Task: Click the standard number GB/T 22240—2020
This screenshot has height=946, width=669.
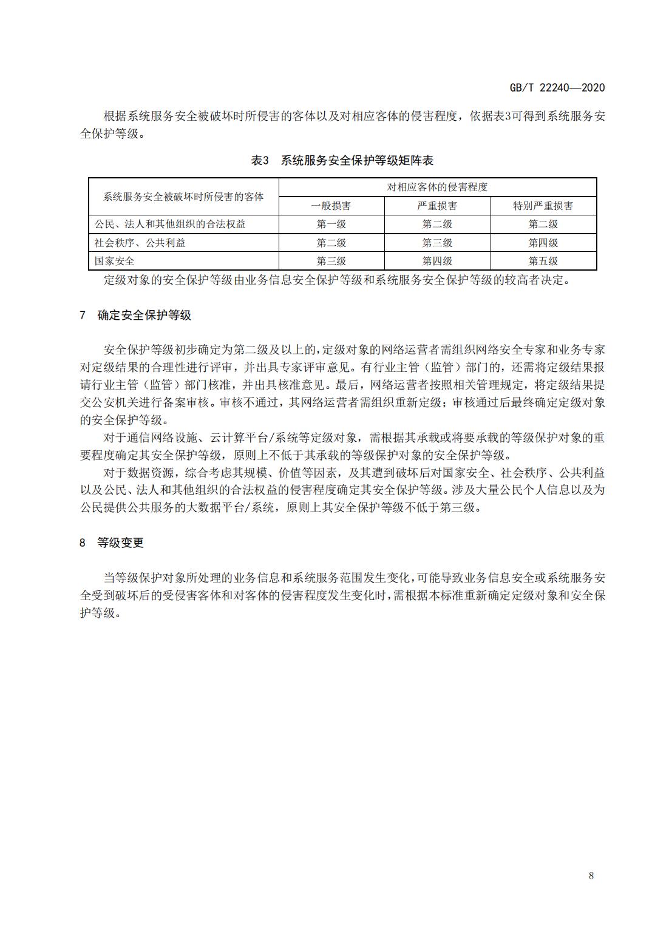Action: point(557,87)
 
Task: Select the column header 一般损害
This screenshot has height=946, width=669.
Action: point(331,206)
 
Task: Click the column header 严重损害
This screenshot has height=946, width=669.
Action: point(437,206)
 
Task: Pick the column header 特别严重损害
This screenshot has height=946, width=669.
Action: point(543,206)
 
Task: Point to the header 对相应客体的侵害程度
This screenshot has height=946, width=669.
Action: point(437,187)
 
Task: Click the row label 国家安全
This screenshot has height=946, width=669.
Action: point(114,261)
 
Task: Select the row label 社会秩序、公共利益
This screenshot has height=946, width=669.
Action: point(140,243)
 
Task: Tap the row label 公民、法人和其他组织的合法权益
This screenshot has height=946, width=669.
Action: point(170,224)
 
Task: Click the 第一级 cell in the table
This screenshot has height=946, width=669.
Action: point(331,224)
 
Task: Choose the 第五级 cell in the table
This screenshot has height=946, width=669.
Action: point(543,261)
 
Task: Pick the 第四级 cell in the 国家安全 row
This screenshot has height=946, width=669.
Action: point(437,261)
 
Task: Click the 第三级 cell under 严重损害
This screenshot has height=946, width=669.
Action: point(437,243)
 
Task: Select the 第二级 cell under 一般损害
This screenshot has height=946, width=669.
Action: point(331,243)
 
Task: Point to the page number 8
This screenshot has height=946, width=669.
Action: point(591,875)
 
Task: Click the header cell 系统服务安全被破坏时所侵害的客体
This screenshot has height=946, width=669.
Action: point(183,197)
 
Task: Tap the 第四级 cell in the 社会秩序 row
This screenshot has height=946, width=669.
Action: point(543,243)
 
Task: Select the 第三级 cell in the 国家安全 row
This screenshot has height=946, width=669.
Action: point(331,261)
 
